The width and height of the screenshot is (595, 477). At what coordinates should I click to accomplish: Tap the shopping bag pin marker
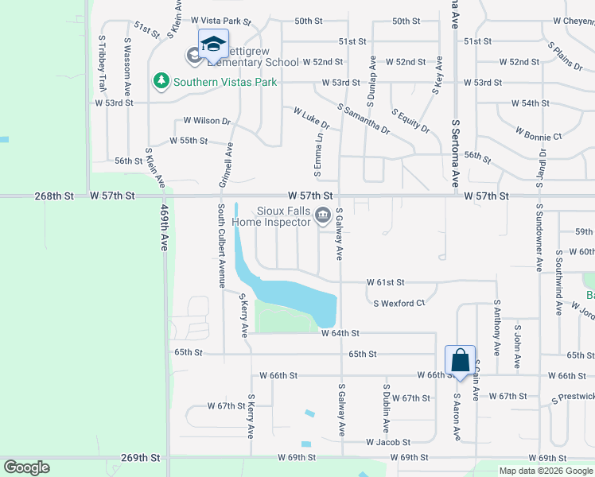(460, 361)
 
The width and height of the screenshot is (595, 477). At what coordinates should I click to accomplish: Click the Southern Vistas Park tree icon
(161, 81)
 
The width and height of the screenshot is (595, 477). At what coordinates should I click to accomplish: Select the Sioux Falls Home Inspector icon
(323, 214)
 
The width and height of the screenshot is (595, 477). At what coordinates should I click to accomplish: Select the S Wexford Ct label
(399, 303)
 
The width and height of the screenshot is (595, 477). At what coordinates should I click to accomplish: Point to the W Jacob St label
(387, 442)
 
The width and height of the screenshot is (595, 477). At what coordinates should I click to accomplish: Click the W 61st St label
(386, 282)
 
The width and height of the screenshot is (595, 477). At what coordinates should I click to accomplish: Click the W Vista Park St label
(220, 21)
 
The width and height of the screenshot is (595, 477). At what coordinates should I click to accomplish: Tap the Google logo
(27, 467)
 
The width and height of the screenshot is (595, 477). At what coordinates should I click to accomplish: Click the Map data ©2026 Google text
(545, 471)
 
